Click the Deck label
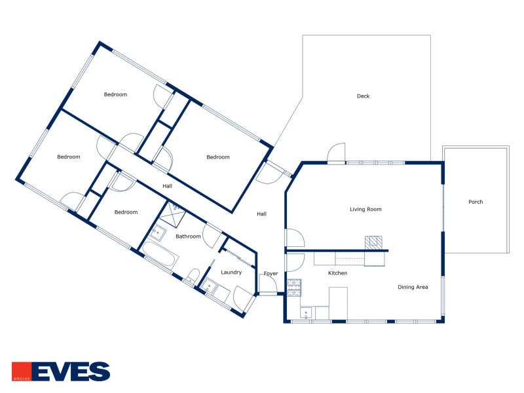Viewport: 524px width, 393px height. (x=363, y=96)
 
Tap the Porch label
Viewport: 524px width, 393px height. (x=476, y=202)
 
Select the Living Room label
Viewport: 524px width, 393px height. (x=365, y=210)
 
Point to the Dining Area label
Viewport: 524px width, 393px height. (x=413, y=287)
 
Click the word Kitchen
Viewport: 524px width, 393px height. (x=337, y=273)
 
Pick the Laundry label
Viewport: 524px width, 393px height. (x=231, y=272)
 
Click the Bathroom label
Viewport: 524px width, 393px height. (x=188, y=236)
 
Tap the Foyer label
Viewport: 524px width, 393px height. (x=271, y=273)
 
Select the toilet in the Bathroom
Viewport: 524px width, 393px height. (x=192, y=276)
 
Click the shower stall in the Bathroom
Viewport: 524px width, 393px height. (x=172, y=215)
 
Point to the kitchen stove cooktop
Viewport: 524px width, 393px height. (x=294, y=288)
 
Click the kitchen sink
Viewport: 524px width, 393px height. (x=306, y=314)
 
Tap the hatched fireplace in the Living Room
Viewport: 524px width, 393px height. (x=373, y=242)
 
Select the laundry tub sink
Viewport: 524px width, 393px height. (x=210, y=286)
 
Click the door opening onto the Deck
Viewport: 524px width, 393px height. (x=336, y=153)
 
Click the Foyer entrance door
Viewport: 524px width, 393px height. (x=268, y=284)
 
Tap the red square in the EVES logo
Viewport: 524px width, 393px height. (x=22, y=371)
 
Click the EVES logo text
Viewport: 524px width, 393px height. (x=71, y=371)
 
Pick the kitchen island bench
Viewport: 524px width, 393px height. (x=338, y=303)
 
